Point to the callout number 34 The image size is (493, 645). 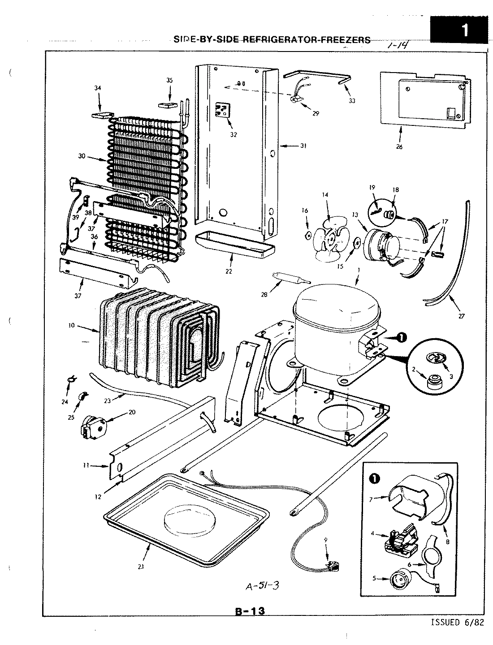point(98,88)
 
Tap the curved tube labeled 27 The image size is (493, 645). point(448,269)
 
